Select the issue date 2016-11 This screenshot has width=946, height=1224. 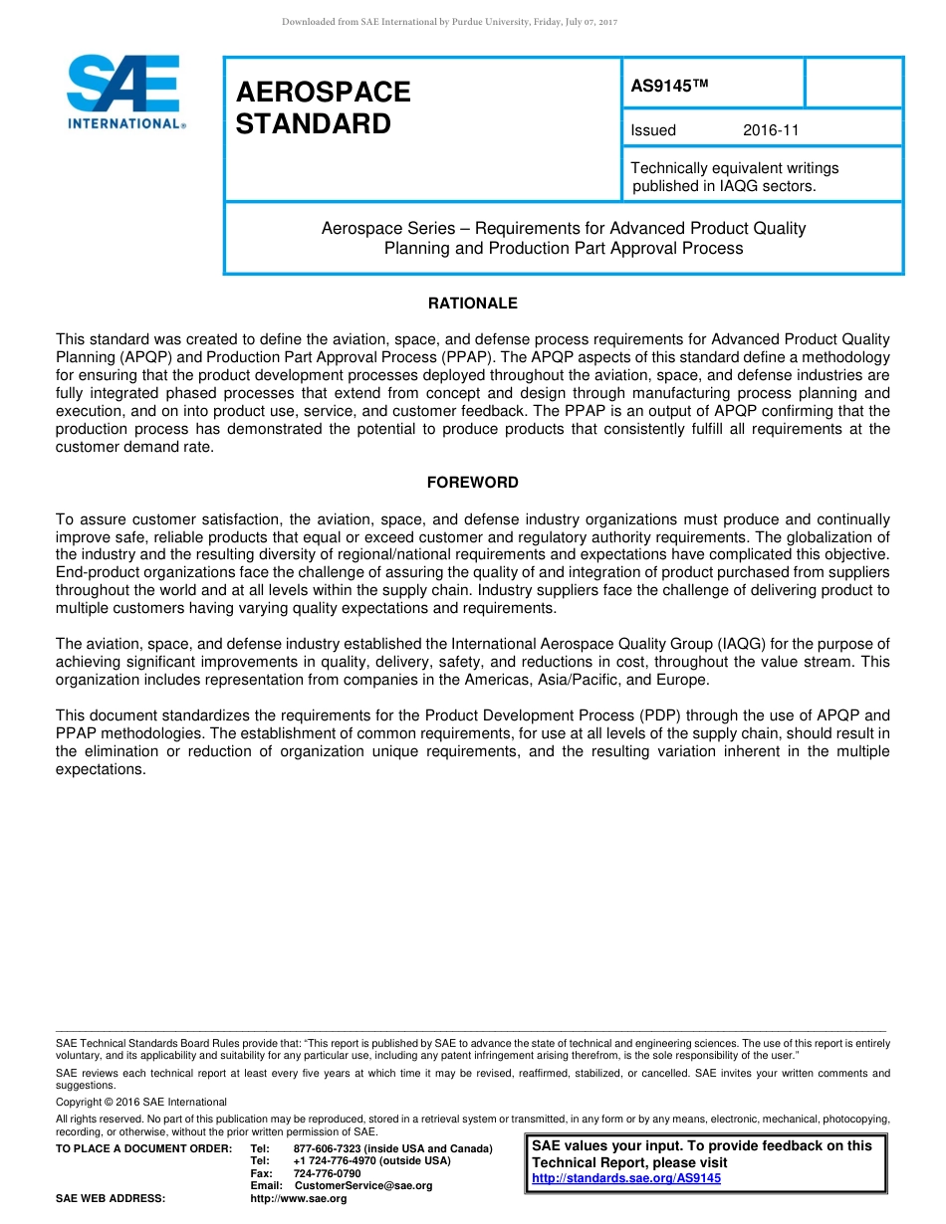(771, 130)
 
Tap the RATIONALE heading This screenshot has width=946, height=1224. (472, 304)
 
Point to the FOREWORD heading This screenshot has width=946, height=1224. (472, 483)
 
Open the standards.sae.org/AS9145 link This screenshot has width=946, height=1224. (626, 1178)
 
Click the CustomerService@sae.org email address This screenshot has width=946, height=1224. (363, 1186)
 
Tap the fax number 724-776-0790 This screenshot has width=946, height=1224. (327, 1173)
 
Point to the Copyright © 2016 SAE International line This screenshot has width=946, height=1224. (141, 1102)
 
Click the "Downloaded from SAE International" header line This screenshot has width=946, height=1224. (450, 22)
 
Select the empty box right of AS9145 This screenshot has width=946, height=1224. (852, 83)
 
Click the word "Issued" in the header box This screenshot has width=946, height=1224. (653, 130)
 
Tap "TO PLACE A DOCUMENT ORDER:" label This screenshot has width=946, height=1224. (143, 1148)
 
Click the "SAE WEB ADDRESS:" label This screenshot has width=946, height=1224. (111, 1199)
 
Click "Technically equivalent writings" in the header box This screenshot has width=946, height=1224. (735, 168)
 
